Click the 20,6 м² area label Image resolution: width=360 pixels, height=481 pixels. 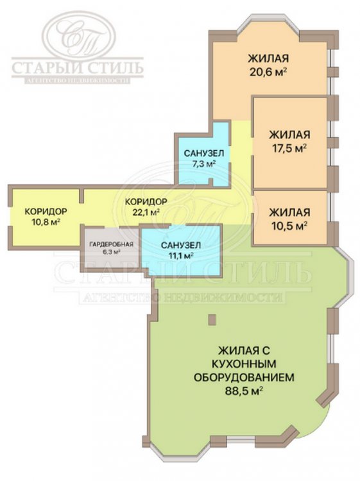(268, 73)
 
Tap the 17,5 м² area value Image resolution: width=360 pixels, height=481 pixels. (289, 149)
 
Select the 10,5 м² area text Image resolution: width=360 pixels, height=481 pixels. (289, 226)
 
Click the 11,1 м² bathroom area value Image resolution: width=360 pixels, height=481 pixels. (181, 255)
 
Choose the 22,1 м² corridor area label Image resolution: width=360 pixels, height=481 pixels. (146, 212)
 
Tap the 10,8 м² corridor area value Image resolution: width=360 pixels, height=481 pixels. (46, 222)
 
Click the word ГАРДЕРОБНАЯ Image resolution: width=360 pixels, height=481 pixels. (112, 244)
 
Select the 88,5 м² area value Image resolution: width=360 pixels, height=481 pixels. (244, 391)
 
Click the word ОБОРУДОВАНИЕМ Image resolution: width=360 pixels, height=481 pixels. (244, 377)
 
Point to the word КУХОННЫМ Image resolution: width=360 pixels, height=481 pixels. (244, 364)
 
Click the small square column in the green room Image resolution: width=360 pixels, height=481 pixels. (212, 319)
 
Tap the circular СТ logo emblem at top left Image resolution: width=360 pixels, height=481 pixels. (78, 35)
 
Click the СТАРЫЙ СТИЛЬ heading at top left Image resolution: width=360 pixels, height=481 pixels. (78, 68)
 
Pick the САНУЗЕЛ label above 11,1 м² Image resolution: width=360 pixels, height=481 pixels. (181, 245)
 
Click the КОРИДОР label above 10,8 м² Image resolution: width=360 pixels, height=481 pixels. (46, 212)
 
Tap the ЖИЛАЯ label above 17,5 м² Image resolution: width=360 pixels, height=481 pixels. (289, 135)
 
